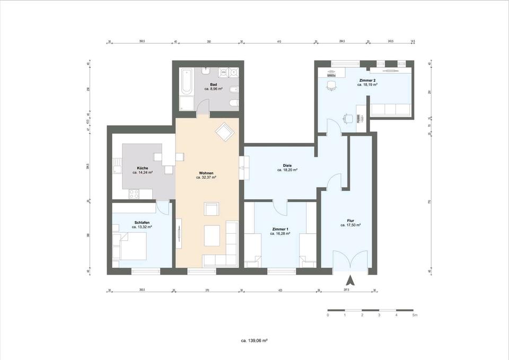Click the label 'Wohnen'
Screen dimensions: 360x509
(207, 173)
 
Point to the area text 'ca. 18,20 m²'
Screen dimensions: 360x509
(287, 171)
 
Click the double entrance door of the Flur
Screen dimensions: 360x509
(349, 261)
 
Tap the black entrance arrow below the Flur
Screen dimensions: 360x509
(349, 280)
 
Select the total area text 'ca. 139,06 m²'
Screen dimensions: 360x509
(254, 340)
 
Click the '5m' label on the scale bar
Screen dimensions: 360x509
(414, 315)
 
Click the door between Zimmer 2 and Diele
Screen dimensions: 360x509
(332, 127)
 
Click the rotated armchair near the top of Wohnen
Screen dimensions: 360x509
(223, 131)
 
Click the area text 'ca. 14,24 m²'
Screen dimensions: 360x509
(142, 173)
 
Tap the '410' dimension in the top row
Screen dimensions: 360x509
(279, 41)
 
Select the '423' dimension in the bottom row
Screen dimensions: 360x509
(280, 291)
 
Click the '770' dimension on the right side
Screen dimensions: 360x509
(429, 201)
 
